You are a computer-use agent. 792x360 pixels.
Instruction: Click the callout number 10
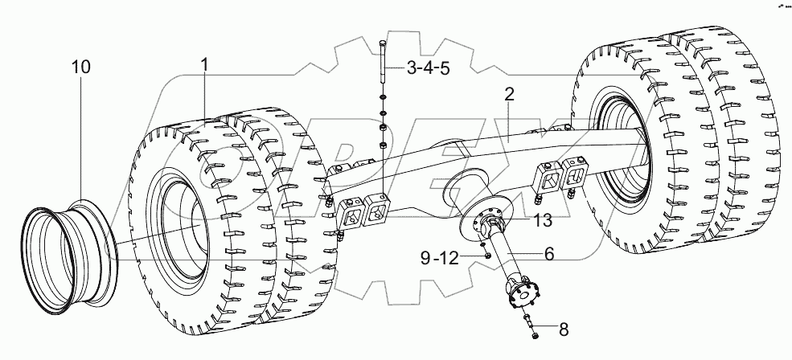(x=80, y=67)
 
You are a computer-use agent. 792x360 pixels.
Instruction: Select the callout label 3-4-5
(x=427, y=69)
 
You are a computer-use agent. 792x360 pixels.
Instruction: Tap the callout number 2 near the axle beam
(x=509, y=94)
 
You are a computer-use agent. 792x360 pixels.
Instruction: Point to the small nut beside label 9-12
(x=487, y=256)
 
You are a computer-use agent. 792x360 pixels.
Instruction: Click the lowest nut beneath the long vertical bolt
(x=383, y=145)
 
